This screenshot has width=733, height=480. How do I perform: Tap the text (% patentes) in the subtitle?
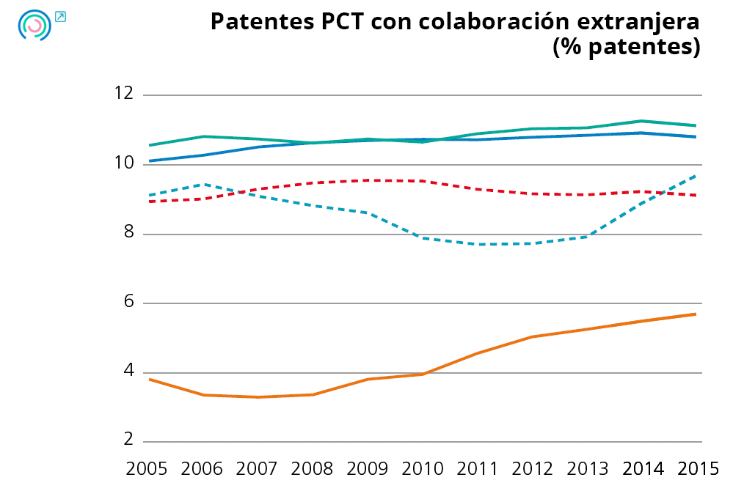pyautogui.click(x=626, y=47)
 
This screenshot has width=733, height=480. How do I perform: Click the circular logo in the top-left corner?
pyautogui.click(x=34, y=25)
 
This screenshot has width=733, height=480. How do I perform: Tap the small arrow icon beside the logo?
pyautogui.click(x=60, y=16)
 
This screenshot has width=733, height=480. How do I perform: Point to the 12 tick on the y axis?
pyautogui.click(x=124, y=94)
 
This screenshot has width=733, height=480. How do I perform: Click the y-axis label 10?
pyautogui.click(x=124, y=163)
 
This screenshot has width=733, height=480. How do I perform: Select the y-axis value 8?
pyautogui.click(x=128, y=233)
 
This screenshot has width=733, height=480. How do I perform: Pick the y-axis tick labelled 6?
pyautogui.click(x=128, y=303)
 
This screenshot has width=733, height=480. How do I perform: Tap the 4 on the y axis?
pyautogui.click(x=128, y=372)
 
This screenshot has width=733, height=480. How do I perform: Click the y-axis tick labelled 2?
pyautogui.click(x=128, y=440)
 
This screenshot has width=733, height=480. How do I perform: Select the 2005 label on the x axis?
pyautogui.click(x=147, y=468)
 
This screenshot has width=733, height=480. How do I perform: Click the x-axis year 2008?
pyautogui.click(x=313, y=468)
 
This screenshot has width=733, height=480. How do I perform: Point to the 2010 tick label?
pyautogui.click(x=423, y=468)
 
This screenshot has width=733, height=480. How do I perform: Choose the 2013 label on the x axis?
pyautogui.click(x=587, y=468)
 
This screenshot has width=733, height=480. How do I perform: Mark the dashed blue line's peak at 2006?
pyautogui.click(x=203, y=184)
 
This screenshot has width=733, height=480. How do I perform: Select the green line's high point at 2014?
pyautogui.click(x=641, y=121)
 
